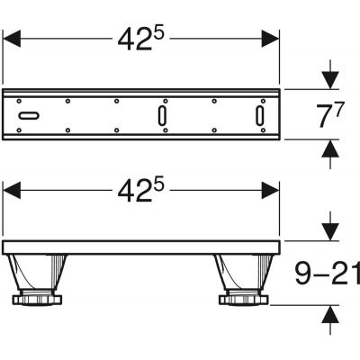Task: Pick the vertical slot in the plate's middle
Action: click(x=161, y=116)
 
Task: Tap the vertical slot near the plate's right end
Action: click(x=258, y=116)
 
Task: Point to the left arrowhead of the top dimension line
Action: click(x=13, y=38)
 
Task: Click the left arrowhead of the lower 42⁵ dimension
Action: click(x=13, y=191)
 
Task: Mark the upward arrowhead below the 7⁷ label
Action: click(x=331, y=148)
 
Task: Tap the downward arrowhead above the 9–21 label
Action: click(x=331, y=232)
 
